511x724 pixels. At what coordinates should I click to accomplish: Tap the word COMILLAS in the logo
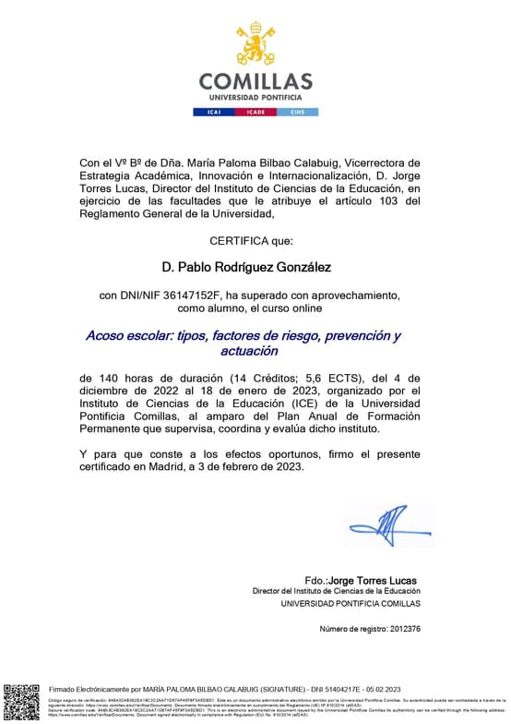pyautogui.click(x=255, y=81)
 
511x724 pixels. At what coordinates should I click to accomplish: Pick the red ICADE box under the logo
pyautogui.click(x=255, y=112)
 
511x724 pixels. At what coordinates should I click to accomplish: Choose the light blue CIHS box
pyautogui.click(x=297, y=112)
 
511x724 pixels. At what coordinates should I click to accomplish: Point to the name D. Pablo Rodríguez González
pyautogui.click(x=246, y=267)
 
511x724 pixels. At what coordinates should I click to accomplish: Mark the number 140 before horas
pyautogui.click(x=110, y=378)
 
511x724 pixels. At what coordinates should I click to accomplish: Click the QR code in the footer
pyautogui.click(x=21, y=701)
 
